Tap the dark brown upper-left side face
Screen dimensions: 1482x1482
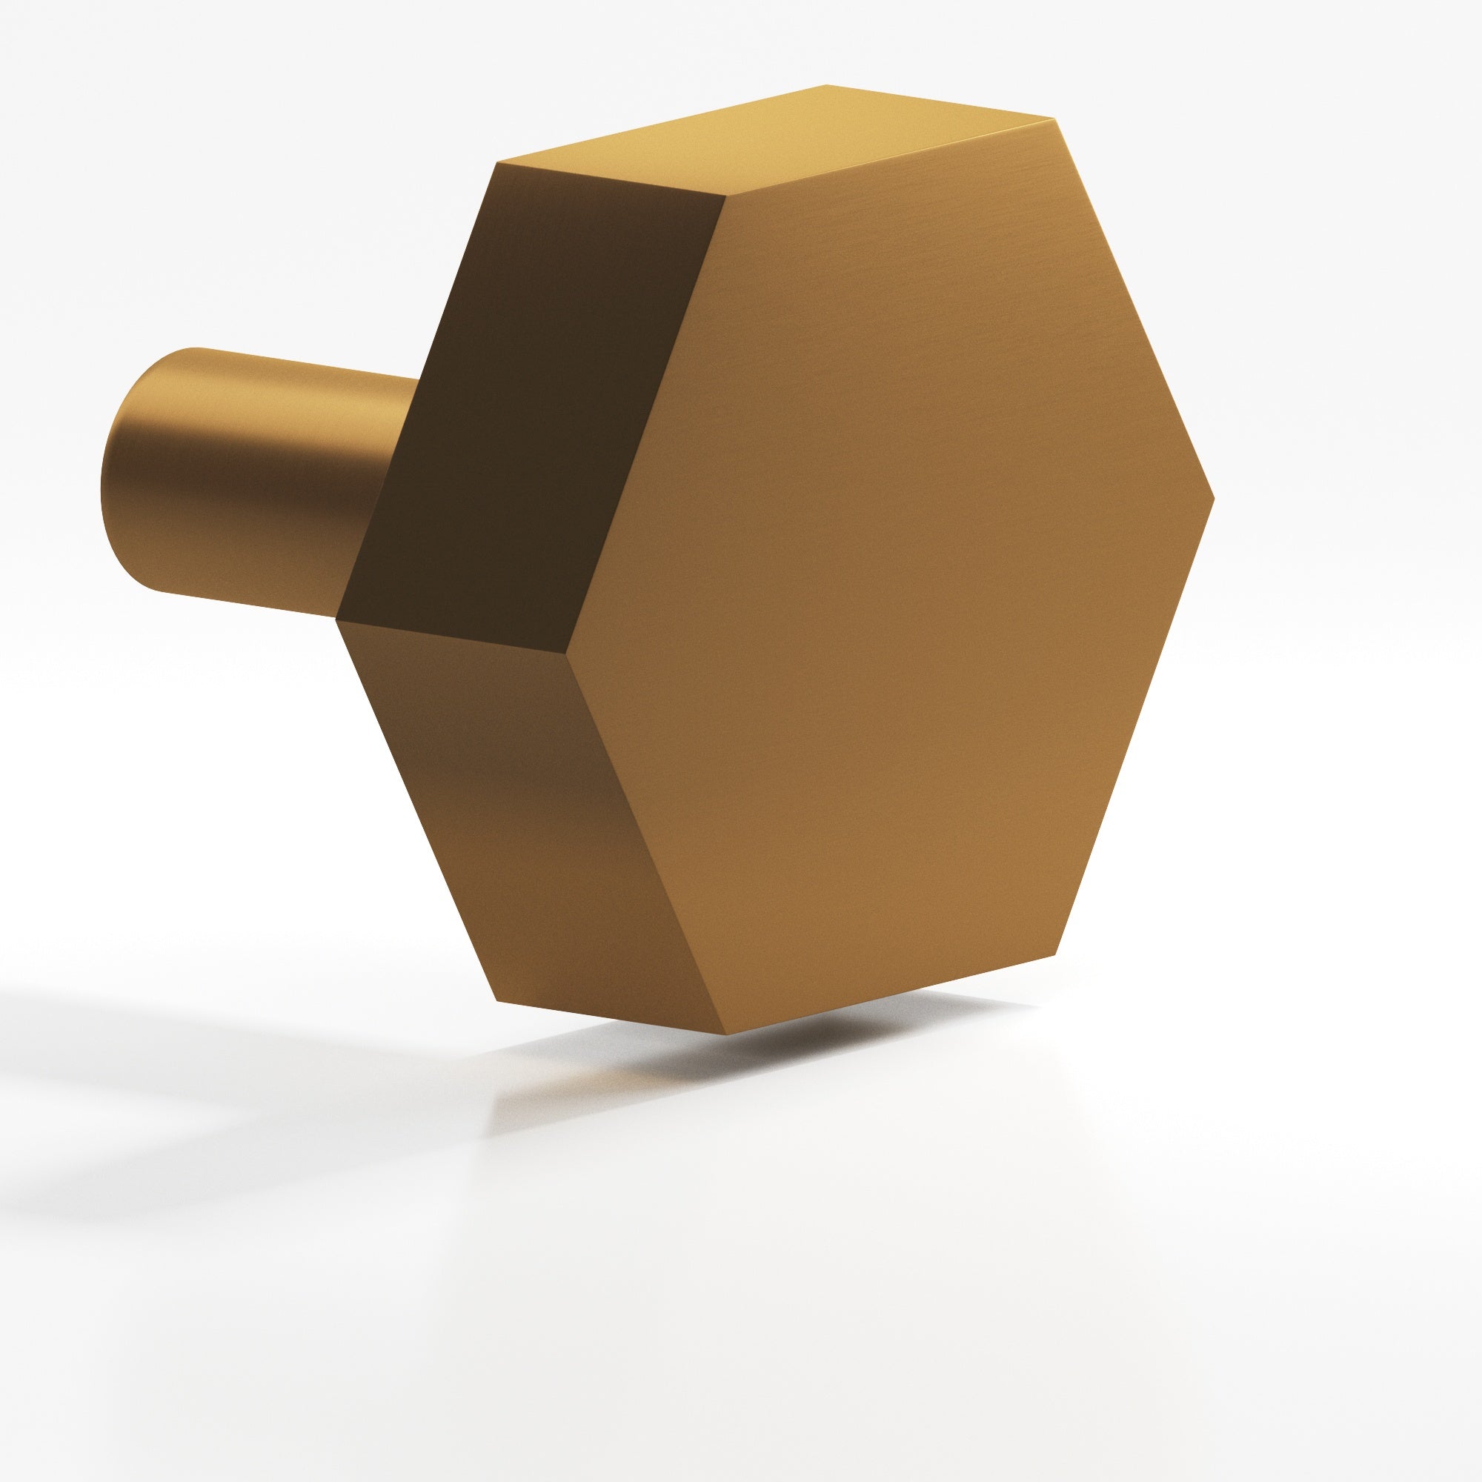(x=529, y=422)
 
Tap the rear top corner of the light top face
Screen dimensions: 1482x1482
(x=827, y=84)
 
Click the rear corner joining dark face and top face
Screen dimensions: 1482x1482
(x=498, y=162)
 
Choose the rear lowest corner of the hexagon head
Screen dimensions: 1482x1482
(x=498, y=1001)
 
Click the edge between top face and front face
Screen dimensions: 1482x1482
(x=890, y=158)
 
